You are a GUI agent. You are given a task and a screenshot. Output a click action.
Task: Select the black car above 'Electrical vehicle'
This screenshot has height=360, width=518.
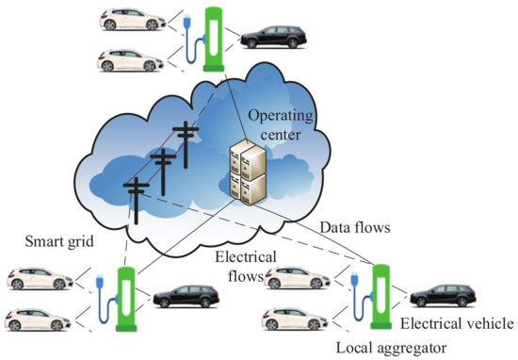pyautogui.click(x=443, y=295)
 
